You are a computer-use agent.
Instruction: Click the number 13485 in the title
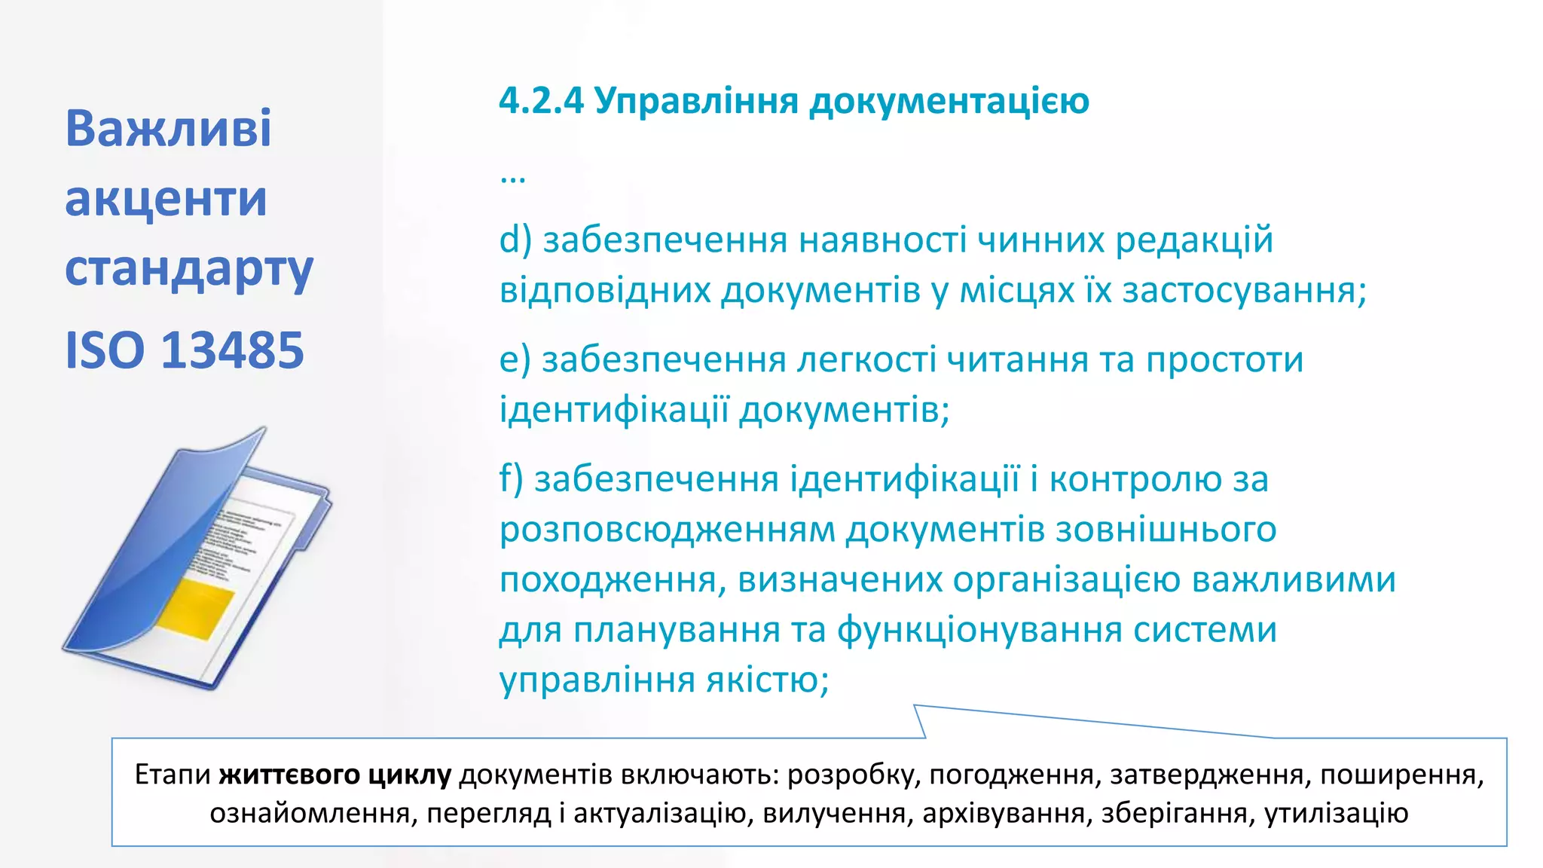point(233,350)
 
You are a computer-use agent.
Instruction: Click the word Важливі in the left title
point(168,128)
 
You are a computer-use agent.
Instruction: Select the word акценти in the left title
point(166,199)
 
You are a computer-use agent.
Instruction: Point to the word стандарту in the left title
point(188,270)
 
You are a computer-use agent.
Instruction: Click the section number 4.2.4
point(541,101)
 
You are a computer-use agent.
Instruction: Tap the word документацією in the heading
point(949,101)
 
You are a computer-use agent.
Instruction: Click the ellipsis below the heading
point(513,179)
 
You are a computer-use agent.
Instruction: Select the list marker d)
point(515,240)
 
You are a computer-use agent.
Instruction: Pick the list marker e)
point(515,359)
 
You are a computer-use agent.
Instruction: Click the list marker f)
point(512,479)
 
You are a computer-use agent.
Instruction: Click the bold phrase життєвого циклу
point(335,775)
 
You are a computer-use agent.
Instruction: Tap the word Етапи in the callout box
point(173,775)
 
